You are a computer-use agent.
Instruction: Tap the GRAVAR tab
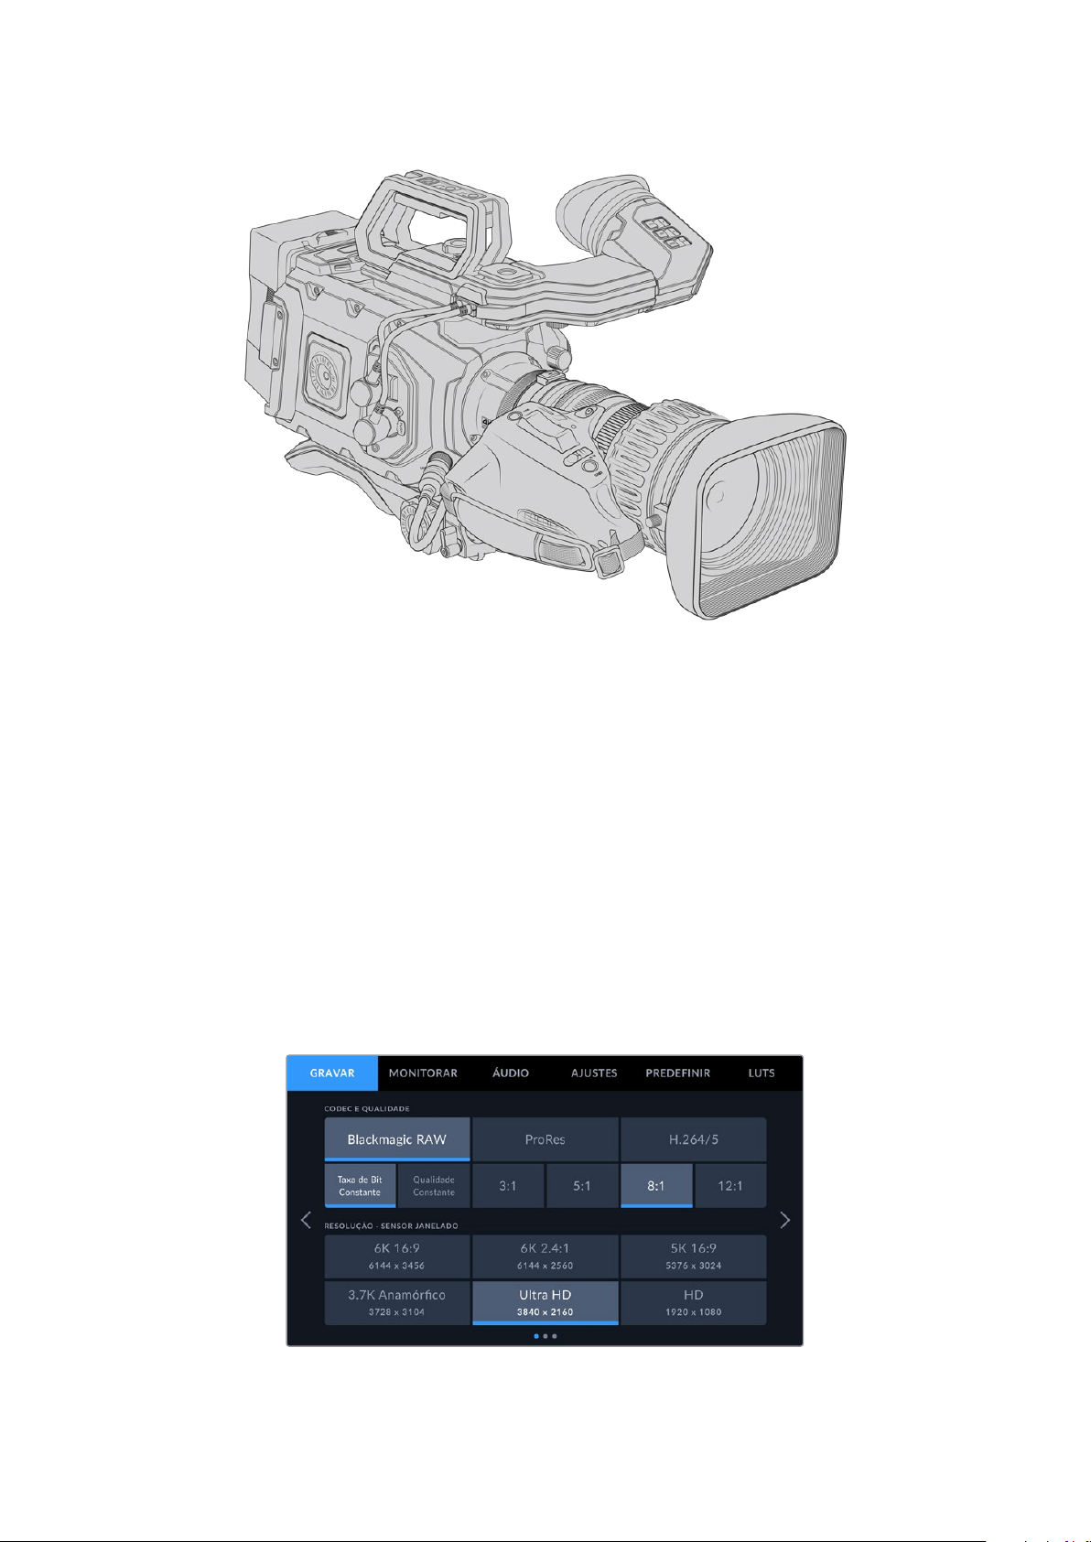[x=331, y=1073]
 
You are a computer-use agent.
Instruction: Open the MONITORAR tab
[x=423, y=1073]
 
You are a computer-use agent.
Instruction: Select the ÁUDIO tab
[x=510, y=1073]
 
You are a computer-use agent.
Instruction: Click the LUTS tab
[x=762, y=1073]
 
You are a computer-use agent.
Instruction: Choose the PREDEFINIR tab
[x=677, y=1073]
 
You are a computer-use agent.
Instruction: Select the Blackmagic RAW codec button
[x=397, y=1139]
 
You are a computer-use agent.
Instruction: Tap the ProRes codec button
[x=545, y=1139]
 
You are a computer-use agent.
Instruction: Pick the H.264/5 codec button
[x=693, y=1139]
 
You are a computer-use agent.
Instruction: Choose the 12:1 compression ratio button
[x=730, y=1186]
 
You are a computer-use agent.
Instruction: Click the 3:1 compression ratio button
[x=508, y=1186]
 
